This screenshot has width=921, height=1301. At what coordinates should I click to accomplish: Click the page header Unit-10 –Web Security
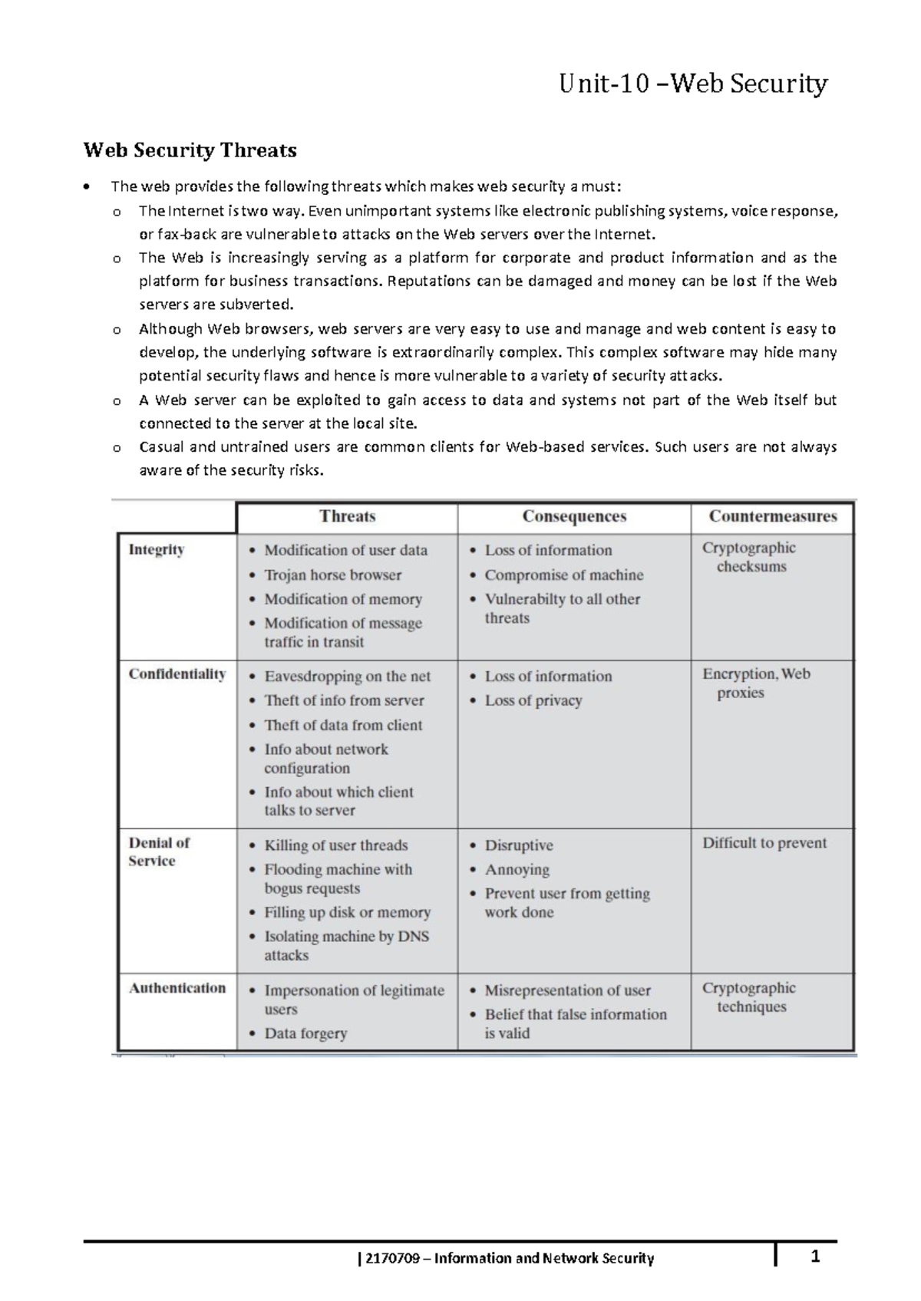click(693, 83)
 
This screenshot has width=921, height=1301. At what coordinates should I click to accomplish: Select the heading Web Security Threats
click(190, 150)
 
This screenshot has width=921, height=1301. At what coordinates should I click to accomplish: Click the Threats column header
click(347, 516)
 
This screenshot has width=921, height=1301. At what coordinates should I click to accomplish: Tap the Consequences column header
click(574, 516)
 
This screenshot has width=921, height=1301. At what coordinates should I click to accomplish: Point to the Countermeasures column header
click(772, 516)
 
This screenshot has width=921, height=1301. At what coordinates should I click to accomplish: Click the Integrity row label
click(157, 549)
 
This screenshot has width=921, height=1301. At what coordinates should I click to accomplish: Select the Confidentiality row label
click(177, 674)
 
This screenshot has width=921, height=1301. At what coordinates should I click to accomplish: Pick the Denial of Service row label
click(159, 851)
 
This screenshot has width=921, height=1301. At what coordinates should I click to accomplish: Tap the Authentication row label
click(177, 988)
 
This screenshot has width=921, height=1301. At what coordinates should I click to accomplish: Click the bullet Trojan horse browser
click(332, 575)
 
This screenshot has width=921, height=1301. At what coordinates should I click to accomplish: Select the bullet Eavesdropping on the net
click(347, 676)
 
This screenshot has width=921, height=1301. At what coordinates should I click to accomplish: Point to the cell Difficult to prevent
click(764, 843)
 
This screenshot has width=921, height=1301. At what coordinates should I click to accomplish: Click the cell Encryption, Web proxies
click(755, 683)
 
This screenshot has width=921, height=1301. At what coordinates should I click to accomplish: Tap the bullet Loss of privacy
click(533, 700)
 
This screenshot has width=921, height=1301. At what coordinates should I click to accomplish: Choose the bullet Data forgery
click(305, 1033)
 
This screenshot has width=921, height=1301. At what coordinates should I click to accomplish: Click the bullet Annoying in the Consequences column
click(517, 869)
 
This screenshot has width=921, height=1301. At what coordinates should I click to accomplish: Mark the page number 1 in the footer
click(816, 1256)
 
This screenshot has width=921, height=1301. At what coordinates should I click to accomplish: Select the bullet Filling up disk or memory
click(347, 912)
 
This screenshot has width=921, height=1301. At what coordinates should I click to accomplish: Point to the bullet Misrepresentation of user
click(567, 990)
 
